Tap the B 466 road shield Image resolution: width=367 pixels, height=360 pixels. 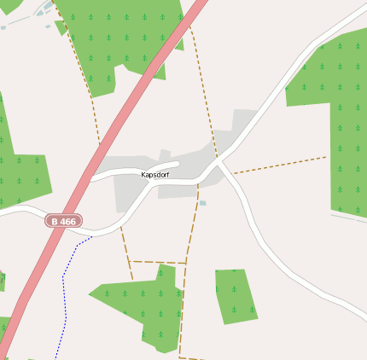point(64,221)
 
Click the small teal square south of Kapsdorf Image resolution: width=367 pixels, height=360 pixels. point(202,203)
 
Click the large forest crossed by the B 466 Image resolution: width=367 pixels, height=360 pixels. point(128,34)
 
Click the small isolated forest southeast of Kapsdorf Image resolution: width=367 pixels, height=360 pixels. point(234,295)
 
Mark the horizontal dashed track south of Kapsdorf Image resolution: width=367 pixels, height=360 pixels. point(158,261)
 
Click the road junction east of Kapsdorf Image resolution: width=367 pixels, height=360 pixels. point(218,161)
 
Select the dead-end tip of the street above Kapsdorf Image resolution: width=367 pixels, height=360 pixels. point(177,163)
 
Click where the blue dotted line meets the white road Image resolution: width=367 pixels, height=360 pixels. point(91,236)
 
